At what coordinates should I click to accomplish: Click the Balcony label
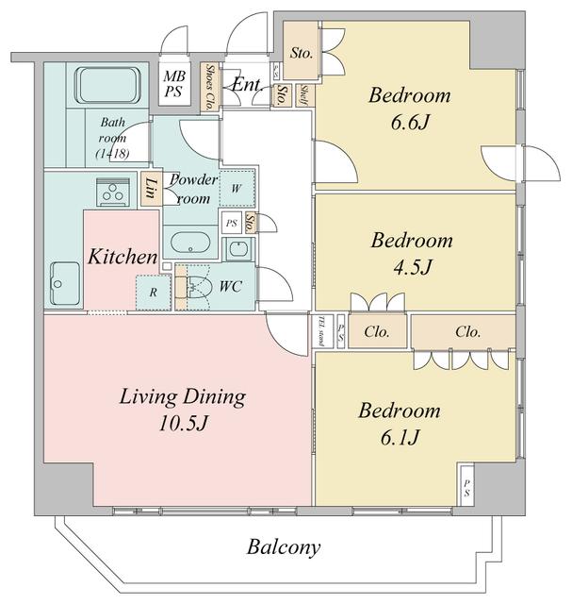click(285, 546)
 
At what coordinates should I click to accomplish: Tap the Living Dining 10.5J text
click(182, 410)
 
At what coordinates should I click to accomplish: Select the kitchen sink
click(65, 280)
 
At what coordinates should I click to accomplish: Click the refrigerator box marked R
click(152, 292)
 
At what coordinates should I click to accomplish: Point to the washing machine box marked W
click(237, 188)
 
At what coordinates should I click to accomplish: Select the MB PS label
click(173, 84)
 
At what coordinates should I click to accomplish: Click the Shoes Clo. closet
click(208, 84)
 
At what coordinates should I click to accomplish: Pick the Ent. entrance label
click(246, 86)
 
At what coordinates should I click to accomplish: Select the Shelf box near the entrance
click(304, 94)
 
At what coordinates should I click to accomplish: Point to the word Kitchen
click(123, 257)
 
